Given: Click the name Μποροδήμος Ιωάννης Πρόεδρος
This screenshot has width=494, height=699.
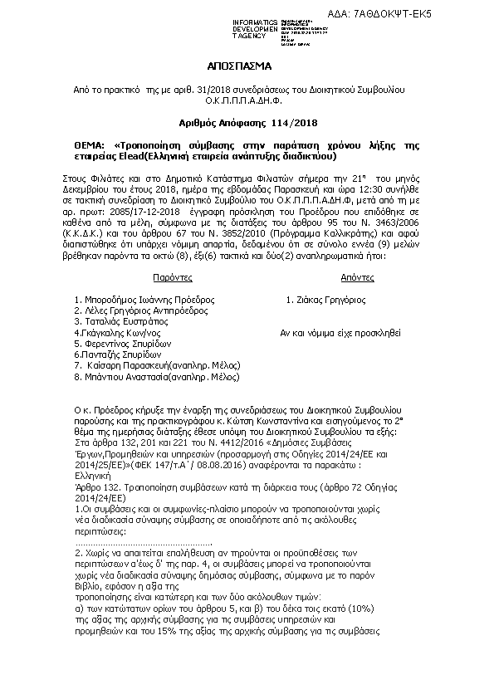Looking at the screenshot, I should click(x=145, y=299).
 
